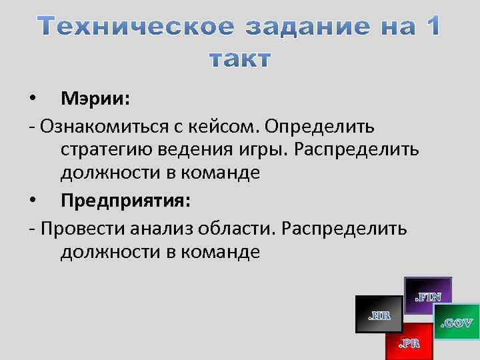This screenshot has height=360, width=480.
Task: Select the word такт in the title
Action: coord(240,60)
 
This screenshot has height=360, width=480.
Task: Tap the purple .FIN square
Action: coord(427,295)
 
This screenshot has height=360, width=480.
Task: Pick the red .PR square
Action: coord(409,341)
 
